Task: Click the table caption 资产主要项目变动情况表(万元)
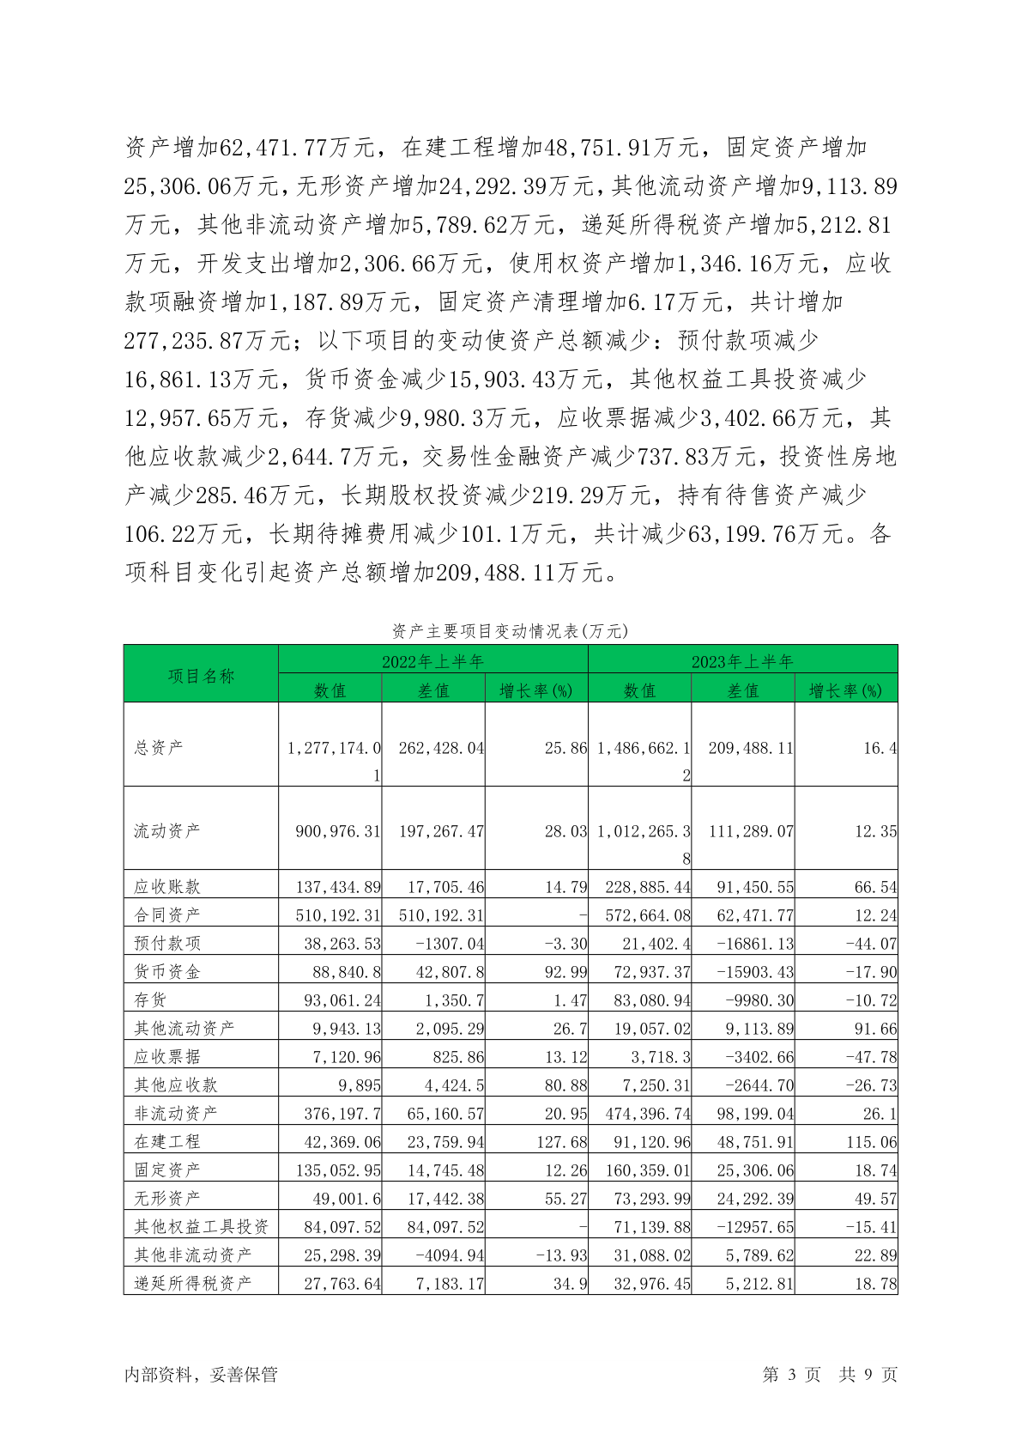tap(510, 631)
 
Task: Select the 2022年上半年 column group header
tap(433, 661)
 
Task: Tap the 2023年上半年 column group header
tap(742, 661)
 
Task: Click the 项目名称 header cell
tap(201, 676)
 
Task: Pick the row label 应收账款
tap(167, 886)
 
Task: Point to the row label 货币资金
tap(167, 971)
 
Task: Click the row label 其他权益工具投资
tap(201, 1226)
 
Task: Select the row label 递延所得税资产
tap(193, 1283)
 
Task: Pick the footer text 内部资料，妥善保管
tap(201, 1375)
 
